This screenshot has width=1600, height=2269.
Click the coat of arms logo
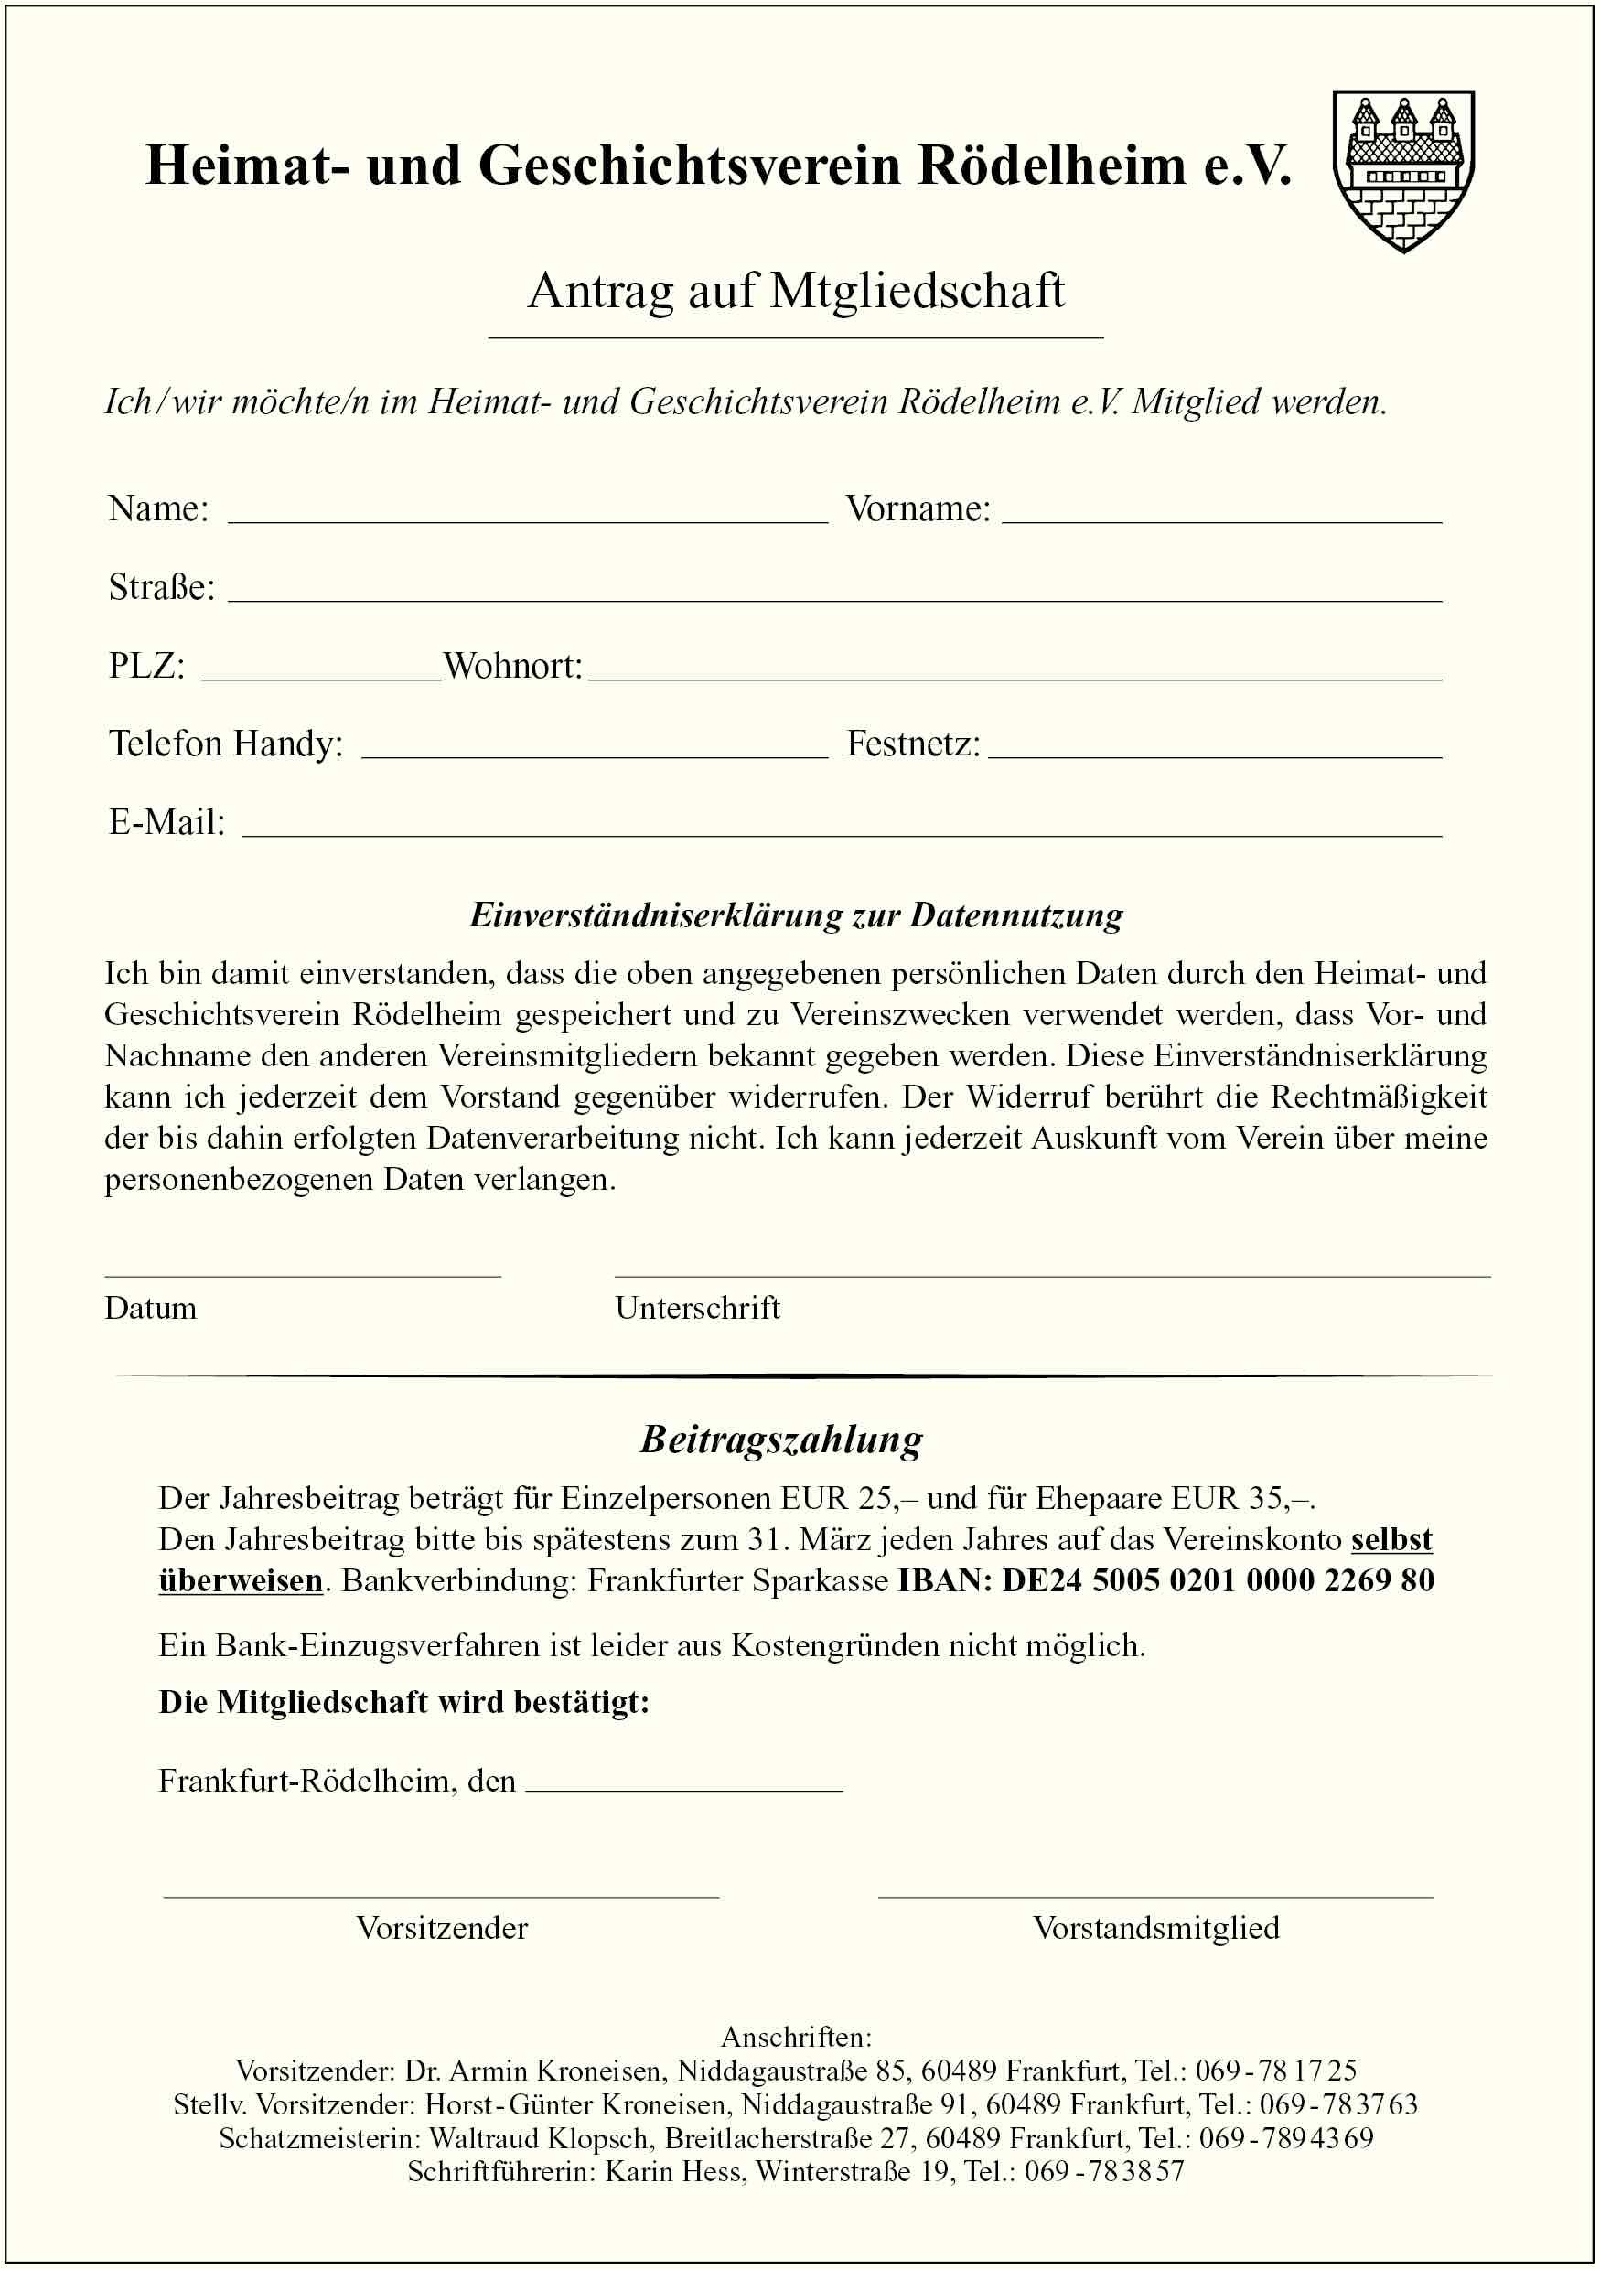[1403, 170]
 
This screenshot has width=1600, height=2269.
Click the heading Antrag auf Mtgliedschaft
[796, 291]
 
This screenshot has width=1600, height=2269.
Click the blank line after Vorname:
[1221, 512]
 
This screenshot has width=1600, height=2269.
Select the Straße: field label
[161, 587]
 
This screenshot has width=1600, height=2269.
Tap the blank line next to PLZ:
[321, 670]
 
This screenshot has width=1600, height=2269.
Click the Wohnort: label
[513, 665]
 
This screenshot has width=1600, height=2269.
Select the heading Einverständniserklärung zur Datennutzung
[796, 915]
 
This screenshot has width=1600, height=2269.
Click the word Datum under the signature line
[150, 1309]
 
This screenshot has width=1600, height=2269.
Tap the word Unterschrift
[697, 1309]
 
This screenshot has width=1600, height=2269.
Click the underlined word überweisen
[241, 1580]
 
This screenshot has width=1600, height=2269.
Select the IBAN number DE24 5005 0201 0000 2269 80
[1218, 1580]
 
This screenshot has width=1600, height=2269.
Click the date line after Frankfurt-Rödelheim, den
[684, 1781]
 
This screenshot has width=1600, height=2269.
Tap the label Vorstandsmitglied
[1155, 1928]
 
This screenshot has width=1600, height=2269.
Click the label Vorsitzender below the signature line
[442, 1928]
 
